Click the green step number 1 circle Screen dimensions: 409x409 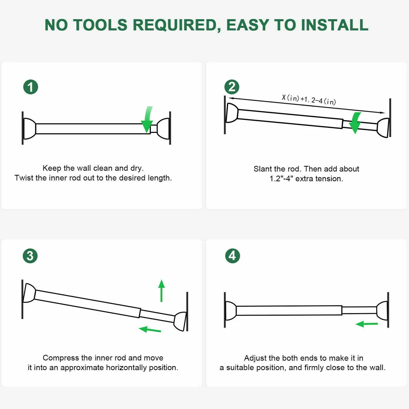point(31,87)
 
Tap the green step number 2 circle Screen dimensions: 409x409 point(232,87)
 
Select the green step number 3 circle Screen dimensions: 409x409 point(30,256)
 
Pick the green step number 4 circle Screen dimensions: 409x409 point(233,256)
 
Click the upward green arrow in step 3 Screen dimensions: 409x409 point(162,291)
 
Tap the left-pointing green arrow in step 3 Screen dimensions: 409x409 point(150,329)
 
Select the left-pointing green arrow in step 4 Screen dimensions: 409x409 point(366,324)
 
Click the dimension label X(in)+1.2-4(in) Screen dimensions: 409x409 point(309,100)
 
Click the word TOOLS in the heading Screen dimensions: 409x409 point(101,25)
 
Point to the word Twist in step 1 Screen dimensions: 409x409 point(24,178)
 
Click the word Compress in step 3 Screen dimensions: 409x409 point(61,358)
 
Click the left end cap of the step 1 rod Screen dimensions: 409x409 point(29,128)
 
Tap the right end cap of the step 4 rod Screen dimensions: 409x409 point(382,311)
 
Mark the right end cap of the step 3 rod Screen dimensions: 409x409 point(180,321)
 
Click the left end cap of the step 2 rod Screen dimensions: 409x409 point(232,113)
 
